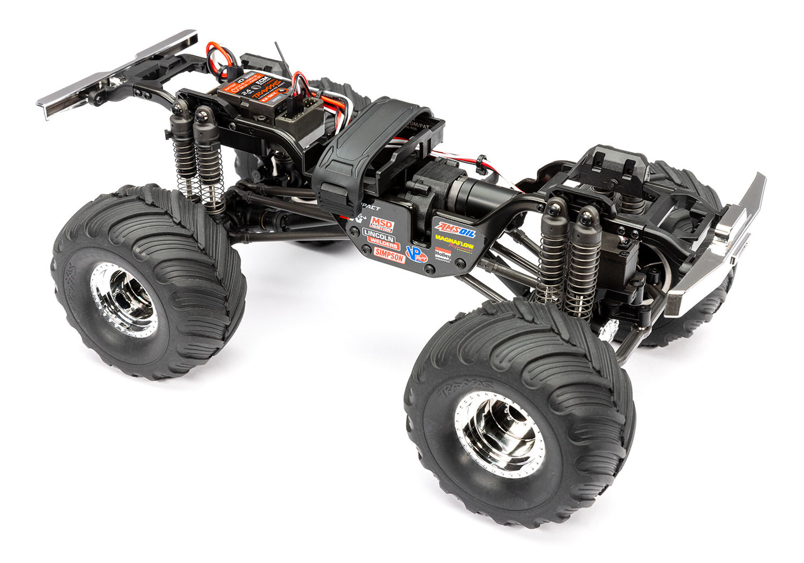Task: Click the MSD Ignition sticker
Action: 382,225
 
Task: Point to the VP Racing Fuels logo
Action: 416,254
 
